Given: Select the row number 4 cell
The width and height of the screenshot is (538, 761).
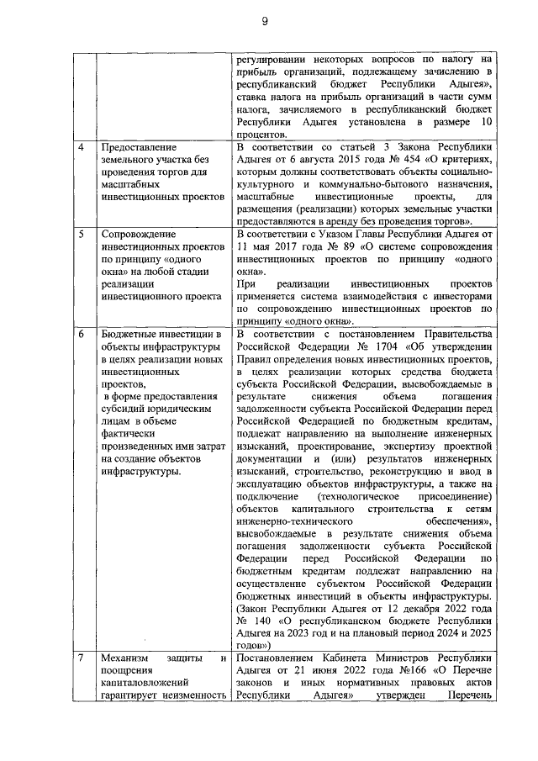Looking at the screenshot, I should pos(81,147).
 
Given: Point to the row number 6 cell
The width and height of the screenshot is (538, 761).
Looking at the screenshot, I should pos(81,336).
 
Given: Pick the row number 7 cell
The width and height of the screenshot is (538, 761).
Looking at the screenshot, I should pos(81,657).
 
